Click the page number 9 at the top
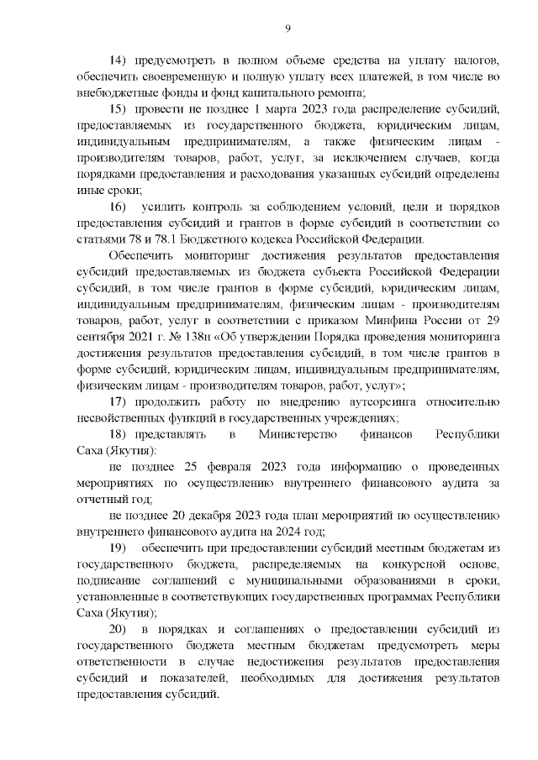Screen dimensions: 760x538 287,30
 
